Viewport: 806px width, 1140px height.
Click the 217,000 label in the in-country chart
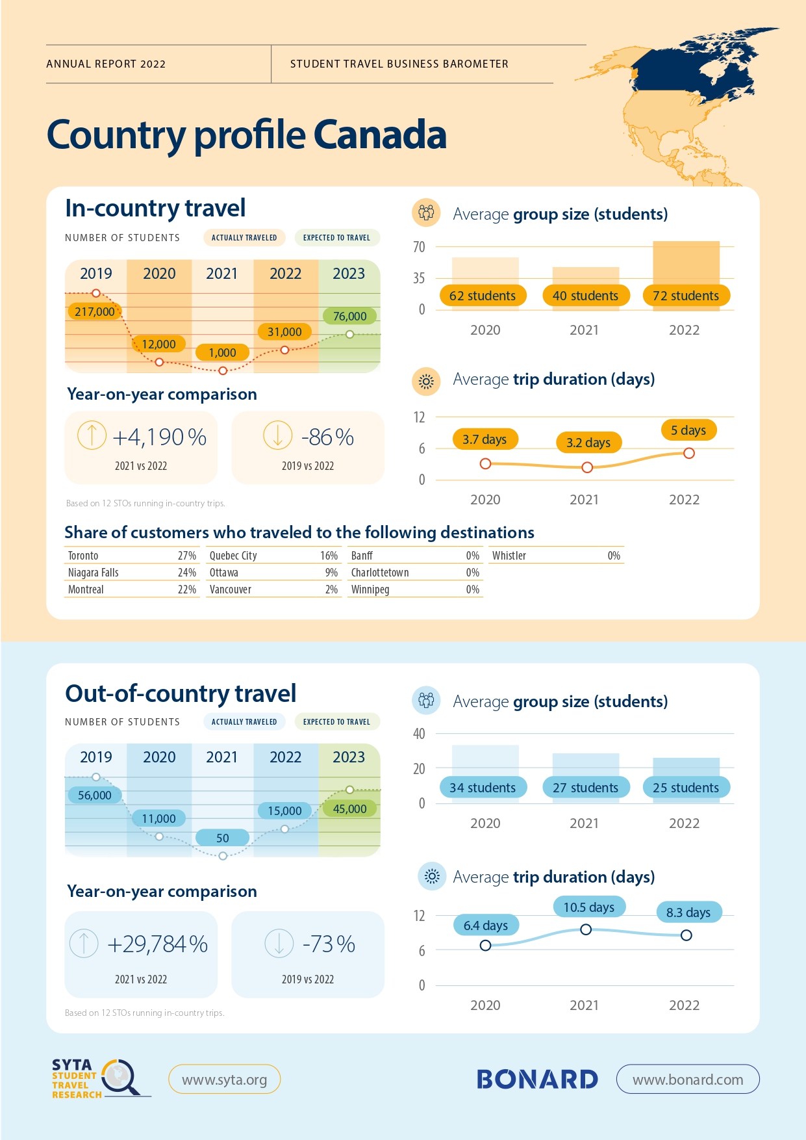coord(95,311)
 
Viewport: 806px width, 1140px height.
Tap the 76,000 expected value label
coord(349,317)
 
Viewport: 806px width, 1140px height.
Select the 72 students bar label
coord(686,296)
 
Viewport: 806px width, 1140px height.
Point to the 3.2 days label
coord(588,443)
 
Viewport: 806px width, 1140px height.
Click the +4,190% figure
coord(159,437)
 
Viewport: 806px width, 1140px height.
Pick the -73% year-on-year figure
coord(329,944)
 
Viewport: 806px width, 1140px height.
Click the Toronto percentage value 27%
coord(187,556)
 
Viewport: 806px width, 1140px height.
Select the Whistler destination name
coord(509,556)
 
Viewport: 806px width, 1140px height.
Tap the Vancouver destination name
coord(231,589)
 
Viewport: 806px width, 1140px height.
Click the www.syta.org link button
coord(224,1080)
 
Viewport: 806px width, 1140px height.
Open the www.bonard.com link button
coord(688,1080)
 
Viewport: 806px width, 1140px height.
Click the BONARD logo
coord(537,1080)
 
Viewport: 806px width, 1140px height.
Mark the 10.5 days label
coord(589,907)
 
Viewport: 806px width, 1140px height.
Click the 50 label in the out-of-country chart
coord(223,838)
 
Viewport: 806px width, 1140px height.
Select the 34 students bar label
coord(483,788)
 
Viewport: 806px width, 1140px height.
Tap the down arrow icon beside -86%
coord(278,435)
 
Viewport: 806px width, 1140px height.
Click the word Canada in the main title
coord(380,135)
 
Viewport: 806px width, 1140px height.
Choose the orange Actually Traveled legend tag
coord(244,238)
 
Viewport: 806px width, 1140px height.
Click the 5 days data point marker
coord(689,453)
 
